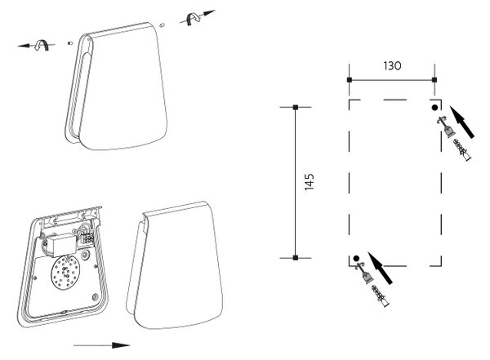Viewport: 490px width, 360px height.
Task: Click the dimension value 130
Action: coord(392,66)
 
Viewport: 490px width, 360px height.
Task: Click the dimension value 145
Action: coord(309,182)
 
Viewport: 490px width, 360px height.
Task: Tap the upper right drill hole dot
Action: coord(434,108)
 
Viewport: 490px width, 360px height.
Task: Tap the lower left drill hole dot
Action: coord(356,259)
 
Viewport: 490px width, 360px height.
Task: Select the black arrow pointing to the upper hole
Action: coord(462,122)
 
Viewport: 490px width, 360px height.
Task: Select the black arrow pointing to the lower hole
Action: coord(380,268)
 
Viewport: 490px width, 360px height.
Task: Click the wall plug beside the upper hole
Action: coord(462,150)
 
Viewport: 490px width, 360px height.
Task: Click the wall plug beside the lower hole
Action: coord(381,296)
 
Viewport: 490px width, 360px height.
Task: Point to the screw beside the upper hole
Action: coord(446,127)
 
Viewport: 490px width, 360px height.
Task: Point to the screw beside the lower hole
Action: coord(364,273)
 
